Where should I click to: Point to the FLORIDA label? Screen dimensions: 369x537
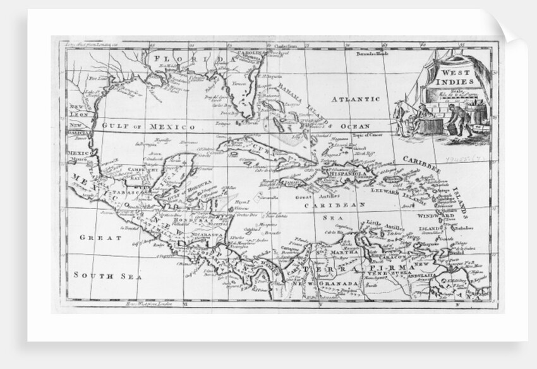[188, 59]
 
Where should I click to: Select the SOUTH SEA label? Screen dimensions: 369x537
[107, 275]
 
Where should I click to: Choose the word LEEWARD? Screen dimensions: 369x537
[385, 189]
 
